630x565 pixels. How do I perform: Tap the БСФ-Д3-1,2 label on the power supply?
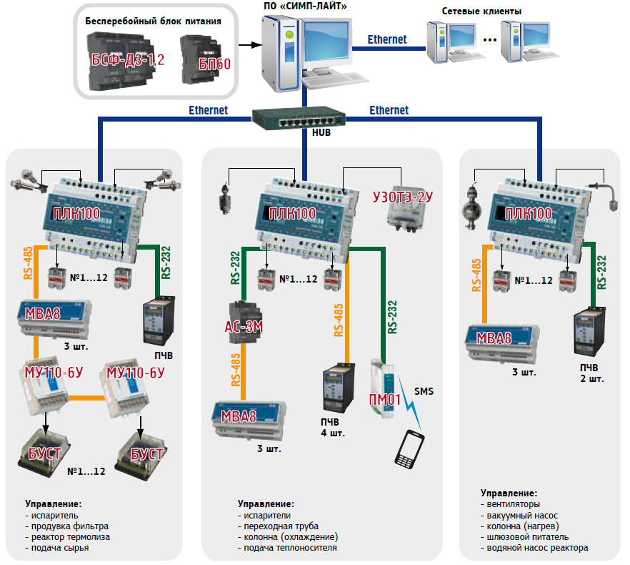point(126,61)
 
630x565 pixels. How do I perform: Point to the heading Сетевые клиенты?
point(481,11)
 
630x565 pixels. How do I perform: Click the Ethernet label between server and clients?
point(387,39)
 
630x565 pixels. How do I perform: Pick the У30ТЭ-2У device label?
point(403,195)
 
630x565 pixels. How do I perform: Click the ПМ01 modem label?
point(384,398)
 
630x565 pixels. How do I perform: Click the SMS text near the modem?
point(424,391)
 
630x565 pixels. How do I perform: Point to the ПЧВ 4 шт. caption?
point(332,428)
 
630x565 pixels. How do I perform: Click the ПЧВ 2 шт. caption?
point(591,373)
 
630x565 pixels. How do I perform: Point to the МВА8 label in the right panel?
point(495,338)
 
